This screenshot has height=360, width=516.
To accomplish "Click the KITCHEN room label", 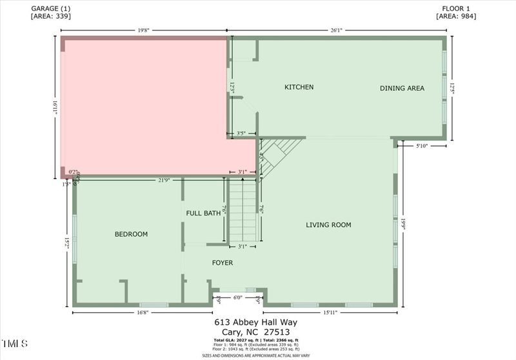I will tap(299, 87).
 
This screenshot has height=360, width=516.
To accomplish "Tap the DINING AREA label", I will tap(402, 88).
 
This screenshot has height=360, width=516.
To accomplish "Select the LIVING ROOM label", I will tap(328, 225).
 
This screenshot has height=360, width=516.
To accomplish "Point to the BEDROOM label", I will tap(132, 234).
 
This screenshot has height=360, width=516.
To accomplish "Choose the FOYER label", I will tap(223, 263).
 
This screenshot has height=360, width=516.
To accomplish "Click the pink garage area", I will tap(142, 103).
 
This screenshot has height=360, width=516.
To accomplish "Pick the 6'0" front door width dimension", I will tap(237, 297).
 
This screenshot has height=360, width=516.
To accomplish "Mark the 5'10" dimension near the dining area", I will tap(422, 146).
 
